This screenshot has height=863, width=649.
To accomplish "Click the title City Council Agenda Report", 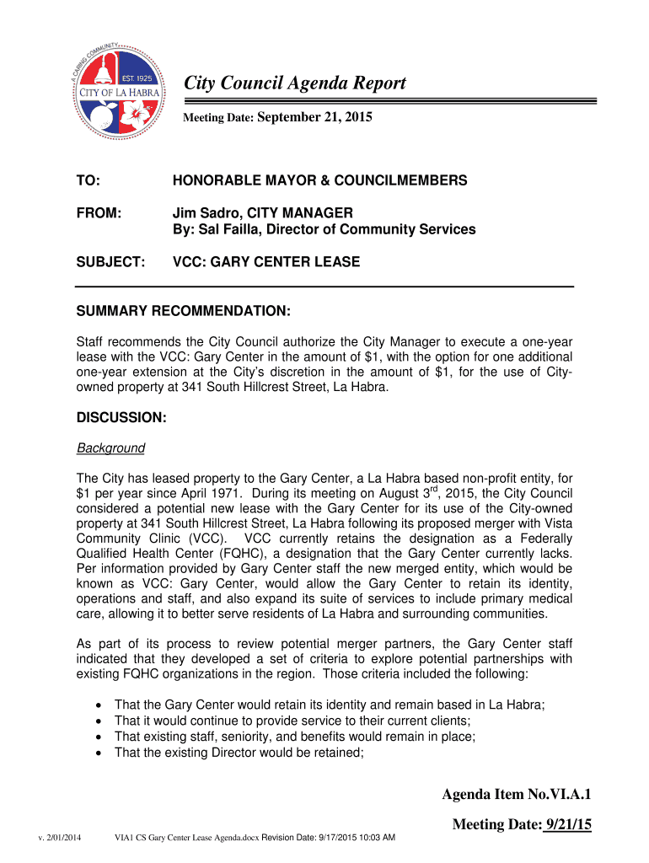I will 295,83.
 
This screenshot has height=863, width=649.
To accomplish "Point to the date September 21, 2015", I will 314,119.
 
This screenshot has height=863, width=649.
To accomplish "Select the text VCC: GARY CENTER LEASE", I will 266,262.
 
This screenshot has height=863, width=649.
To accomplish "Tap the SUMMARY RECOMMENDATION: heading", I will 184,313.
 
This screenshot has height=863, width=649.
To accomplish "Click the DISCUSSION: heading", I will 121,418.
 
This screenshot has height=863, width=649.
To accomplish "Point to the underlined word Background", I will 110,448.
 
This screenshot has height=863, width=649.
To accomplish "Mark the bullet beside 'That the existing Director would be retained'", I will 102,753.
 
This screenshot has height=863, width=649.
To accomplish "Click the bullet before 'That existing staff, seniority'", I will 102,737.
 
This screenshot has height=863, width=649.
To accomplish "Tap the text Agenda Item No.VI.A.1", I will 517,795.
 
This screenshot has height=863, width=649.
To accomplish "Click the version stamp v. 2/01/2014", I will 59,838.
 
